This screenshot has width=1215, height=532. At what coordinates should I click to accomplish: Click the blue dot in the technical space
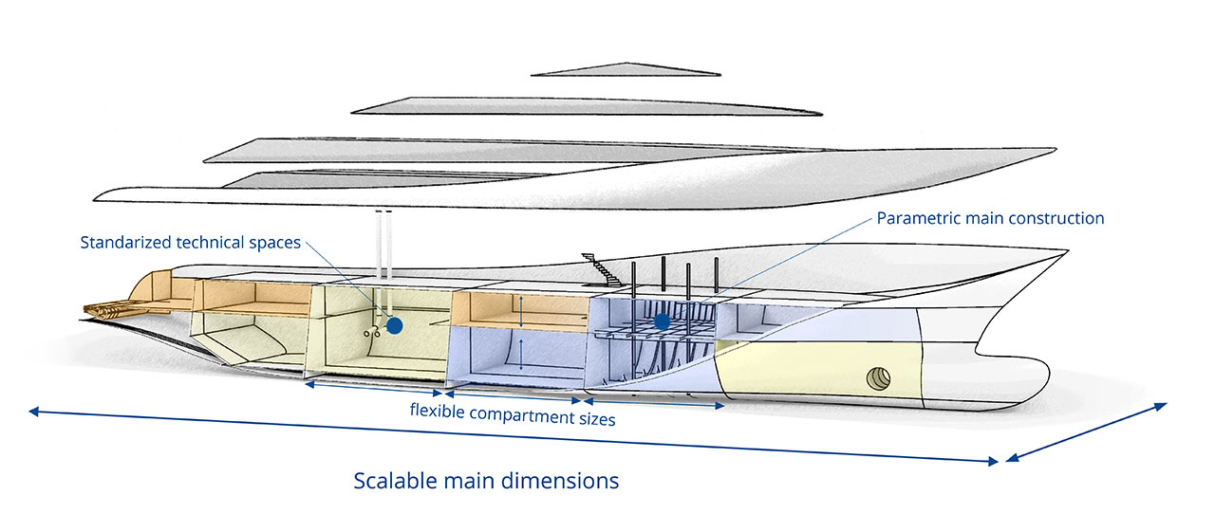(395, 324)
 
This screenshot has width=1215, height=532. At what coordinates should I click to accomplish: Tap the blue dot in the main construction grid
(663, 322)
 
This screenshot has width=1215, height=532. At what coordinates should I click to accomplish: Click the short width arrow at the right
(1086, 432)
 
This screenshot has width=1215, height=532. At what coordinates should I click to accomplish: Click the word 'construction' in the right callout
(1056, 218)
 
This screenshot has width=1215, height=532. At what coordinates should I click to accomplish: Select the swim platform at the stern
(112, 308)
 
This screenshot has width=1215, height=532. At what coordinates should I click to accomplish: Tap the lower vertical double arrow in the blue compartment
(520, 352)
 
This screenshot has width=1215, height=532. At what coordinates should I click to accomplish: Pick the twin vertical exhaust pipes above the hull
(383, 245)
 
